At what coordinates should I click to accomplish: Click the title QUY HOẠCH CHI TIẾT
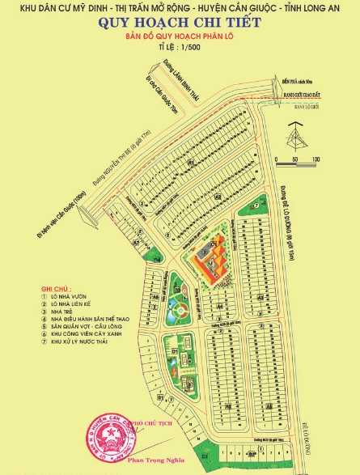pos(180,23)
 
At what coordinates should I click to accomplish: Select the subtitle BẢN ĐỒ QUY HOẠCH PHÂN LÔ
pos(180,37)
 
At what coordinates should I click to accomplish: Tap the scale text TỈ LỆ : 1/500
pos(180,49)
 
